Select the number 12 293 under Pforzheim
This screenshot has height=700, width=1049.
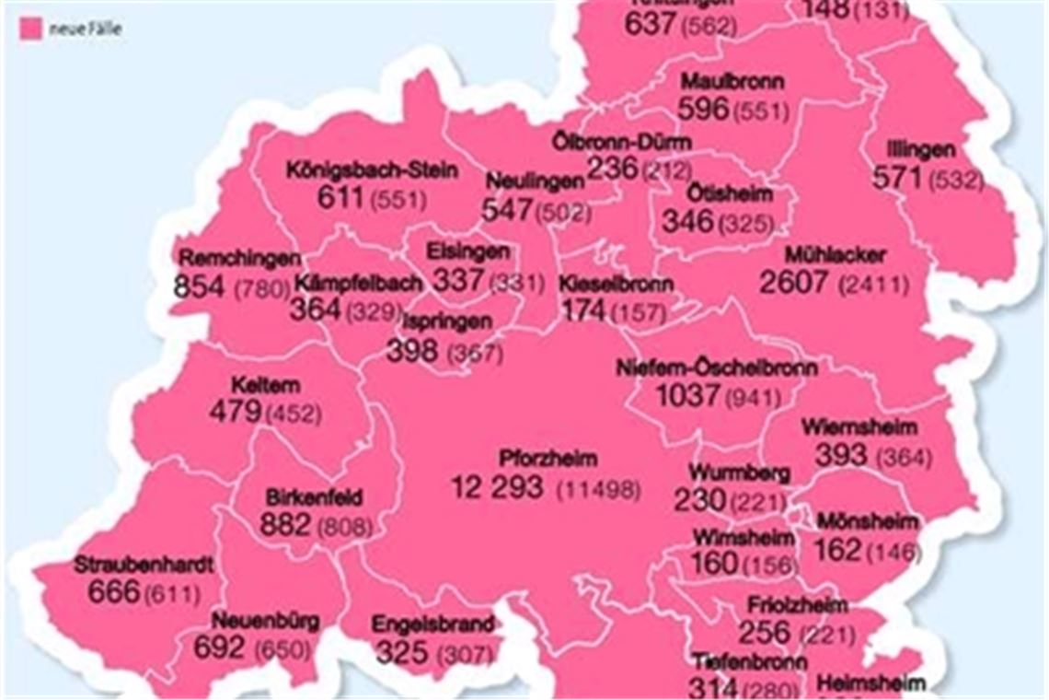click(x=497, y=486)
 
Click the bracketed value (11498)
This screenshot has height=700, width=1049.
click(x=597, y=489)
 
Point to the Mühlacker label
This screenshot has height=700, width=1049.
click(x=836, y=254)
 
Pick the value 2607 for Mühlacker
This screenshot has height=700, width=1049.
click(x=793, y=282)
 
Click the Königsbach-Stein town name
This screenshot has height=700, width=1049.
click(x=371, y=171)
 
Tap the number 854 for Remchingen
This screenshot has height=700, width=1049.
click(x=199, y=286)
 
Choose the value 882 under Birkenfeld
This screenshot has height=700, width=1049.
click(x=285, y=525)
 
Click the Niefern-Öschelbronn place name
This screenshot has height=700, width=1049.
click(x=717, y=367)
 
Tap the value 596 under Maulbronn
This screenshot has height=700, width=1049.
click(x=703, y=109)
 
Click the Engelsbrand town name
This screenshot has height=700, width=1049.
click(x=432, y=624)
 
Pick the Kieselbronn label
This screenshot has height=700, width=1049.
click(x=616, y=283)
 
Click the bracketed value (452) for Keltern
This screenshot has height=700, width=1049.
click(x=294, y=414)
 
